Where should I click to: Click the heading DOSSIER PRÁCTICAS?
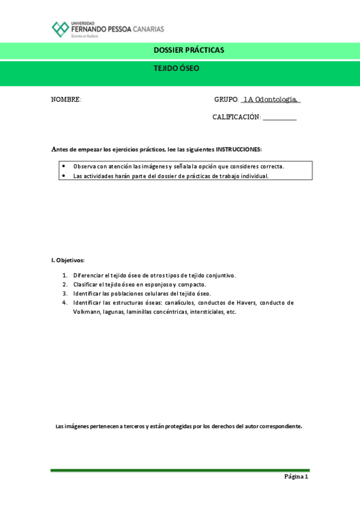(188, 50)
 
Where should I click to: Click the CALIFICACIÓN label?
(236, 117)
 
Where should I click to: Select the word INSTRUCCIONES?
(239, 149)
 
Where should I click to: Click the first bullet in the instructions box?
(64, 166)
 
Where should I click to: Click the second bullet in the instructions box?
(64, 176)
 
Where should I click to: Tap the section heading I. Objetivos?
(68, 260)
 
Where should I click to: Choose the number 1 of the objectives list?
(65, 275)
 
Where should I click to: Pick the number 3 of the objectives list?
(65, 293)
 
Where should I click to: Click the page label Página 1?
(296, 477)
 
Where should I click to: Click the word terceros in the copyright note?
(132, 426)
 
